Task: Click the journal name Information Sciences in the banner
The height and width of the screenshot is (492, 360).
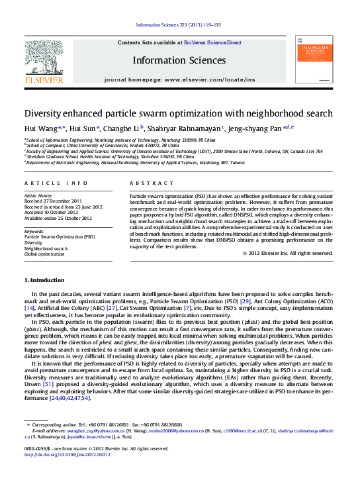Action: tap(179, 60)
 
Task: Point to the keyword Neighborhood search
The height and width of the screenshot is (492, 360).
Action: tap(46, 248)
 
